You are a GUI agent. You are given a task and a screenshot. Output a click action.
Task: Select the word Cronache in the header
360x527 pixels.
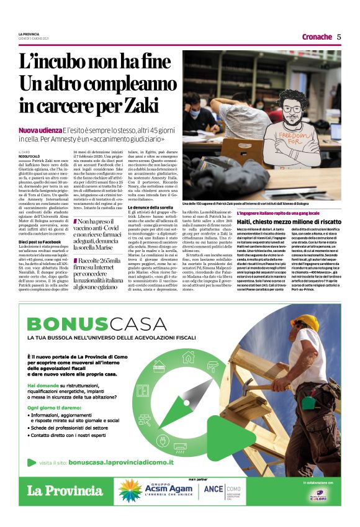(317, 37)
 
